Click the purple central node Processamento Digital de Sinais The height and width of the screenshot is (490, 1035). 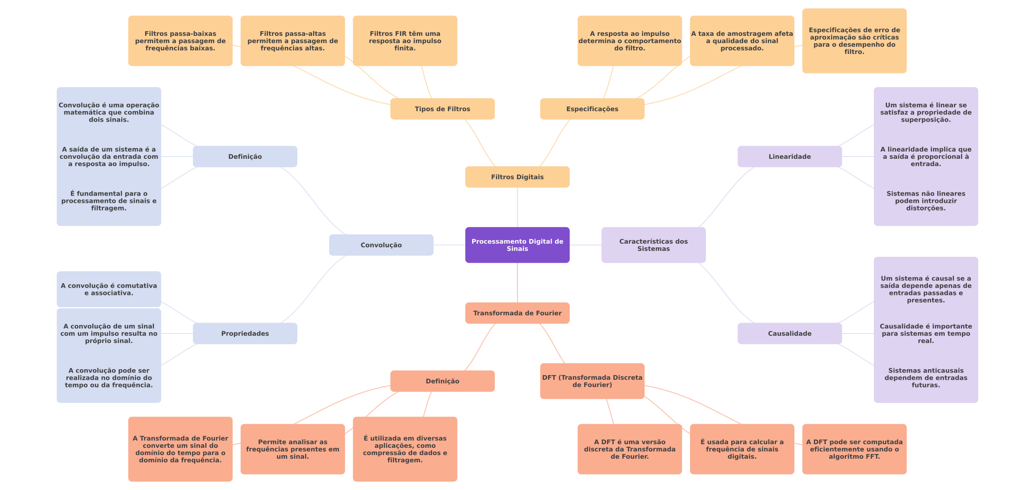click(517, 245)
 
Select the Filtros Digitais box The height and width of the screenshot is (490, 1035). click(517, 177)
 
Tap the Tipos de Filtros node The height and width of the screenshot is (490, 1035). click(442, 109)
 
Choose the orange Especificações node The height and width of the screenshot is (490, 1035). click(592, 109)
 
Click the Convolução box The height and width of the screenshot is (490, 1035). click(381, 245)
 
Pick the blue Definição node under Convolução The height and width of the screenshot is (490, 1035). click(245, 157)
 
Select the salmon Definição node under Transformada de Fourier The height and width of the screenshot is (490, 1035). click(442, 381)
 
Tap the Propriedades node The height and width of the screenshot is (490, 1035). click(245, 333)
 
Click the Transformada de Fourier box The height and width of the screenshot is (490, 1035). click(517, 313)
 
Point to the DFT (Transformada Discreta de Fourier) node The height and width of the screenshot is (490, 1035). click(592, 381)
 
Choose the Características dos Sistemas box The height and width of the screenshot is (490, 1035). click(653, 245)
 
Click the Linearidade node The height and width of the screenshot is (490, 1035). click(789, 157)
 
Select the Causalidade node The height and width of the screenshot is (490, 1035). click(789, 333)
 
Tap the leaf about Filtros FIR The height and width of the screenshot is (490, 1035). click(405, 41)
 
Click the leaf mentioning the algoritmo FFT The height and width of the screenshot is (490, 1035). click(854, 449)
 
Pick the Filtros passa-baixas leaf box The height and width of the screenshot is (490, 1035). click(180, 41)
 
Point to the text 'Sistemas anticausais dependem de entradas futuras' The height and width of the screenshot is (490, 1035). click(926, 378)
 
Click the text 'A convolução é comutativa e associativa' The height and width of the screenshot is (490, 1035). click(109, 289)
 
